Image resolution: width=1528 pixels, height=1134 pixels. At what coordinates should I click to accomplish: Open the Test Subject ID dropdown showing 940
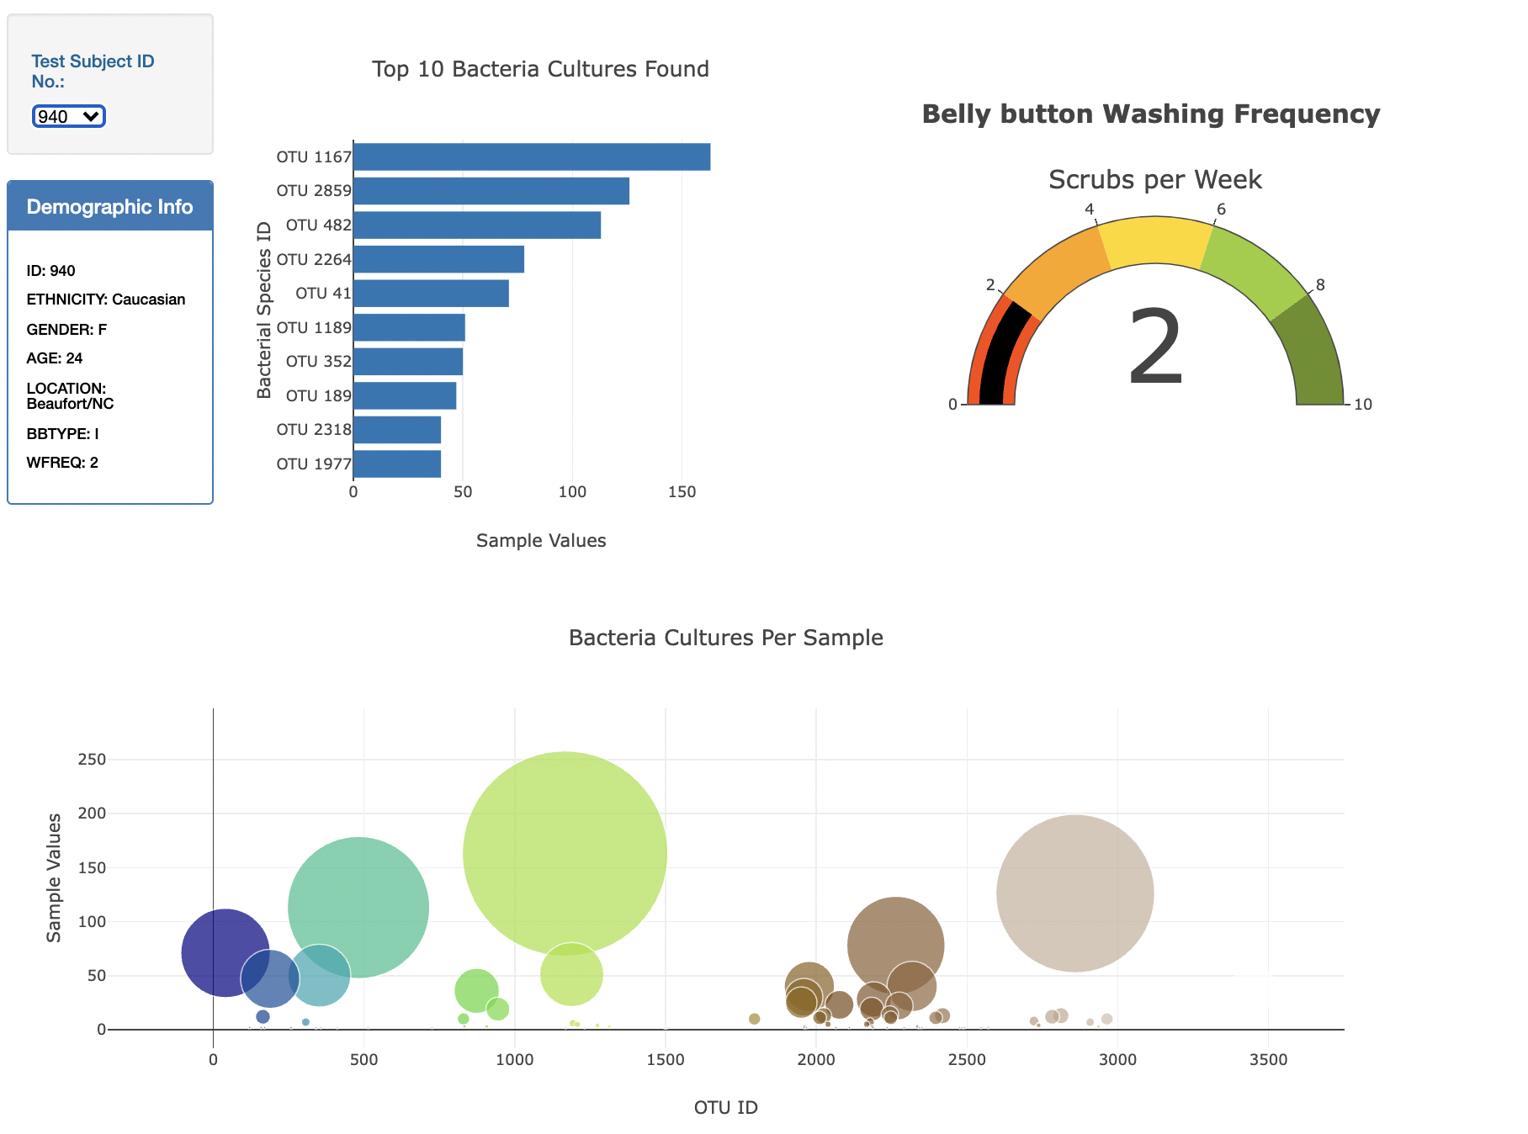point(68,116)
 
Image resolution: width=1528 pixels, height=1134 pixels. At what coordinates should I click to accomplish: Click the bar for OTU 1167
point(532,157)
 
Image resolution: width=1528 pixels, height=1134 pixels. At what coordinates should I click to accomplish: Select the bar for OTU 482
point(477,225)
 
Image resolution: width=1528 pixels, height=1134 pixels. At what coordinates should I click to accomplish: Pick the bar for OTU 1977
point(397,464)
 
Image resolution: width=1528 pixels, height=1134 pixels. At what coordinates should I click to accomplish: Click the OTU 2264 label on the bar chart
point(313,259)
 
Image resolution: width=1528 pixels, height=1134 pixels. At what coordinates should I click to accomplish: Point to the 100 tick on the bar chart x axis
point(572,492)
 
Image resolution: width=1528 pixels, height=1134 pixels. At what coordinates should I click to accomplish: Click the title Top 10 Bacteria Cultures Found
point(540,69)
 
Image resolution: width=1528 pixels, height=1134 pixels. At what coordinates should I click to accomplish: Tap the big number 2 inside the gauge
point(1155,347)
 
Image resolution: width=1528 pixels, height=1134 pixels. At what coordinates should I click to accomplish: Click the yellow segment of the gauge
point(1155,240)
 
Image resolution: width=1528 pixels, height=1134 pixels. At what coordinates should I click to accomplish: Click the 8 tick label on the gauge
point(1320,285)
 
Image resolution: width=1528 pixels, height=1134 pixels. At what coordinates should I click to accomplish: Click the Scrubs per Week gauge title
point(1155,179)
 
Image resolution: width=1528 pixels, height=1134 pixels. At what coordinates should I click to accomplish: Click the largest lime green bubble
point(565,852)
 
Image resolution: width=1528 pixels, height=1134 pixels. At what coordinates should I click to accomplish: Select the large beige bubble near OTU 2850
point(1074,893)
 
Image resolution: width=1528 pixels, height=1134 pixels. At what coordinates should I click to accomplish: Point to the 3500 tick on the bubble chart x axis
point(1268,1060)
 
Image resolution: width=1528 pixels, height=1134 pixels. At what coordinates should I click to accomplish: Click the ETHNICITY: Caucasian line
point(106,299)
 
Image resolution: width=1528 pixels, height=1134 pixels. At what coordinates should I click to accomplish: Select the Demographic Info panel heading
point(109,207)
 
